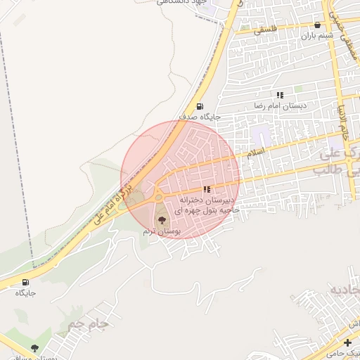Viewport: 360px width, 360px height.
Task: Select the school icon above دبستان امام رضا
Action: (x=280, y=95)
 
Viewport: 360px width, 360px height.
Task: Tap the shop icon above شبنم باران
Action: (x=317, y=25)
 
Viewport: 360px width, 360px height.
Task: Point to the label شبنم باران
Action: (x=317, y=35)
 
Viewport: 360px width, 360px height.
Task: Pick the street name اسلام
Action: (x=255, y=151)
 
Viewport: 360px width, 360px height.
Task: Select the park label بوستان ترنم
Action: (x=162, y=231)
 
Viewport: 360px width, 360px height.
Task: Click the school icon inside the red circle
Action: (x=206, y=189)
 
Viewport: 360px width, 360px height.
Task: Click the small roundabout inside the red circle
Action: (x=159, y=198)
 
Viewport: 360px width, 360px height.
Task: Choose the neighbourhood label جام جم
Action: (x=87, y=324)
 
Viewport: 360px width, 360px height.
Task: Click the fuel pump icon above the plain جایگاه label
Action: (x=26, y=282)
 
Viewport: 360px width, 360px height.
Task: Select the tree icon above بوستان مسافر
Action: (x=34, y=348)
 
